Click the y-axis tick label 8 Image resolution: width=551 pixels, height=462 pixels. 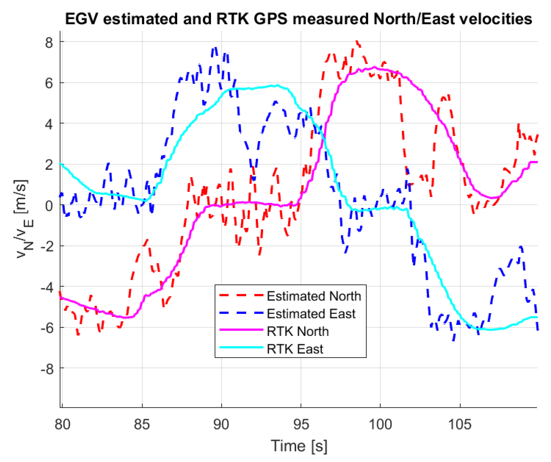tap(49, 43)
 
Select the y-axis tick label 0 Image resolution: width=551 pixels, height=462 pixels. tap(49, 206)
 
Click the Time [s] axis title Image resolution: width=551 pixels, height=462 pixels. tap(299, 446)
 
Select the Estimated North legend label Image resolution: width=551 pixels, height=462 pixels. tap(314, 296)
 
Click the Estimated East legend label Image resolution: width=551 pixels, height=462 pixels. tap(311, 314)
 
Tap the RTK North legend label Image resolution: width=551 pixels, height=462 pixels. tap(298, 331)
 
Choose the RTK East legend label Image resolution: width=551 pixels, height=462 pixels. tap(295, 349)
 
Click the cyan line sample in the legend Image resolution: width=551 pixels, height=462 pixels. tap(241, 348)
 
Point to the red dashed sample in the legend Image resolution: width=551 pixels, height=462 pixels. tap(241, 295)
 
